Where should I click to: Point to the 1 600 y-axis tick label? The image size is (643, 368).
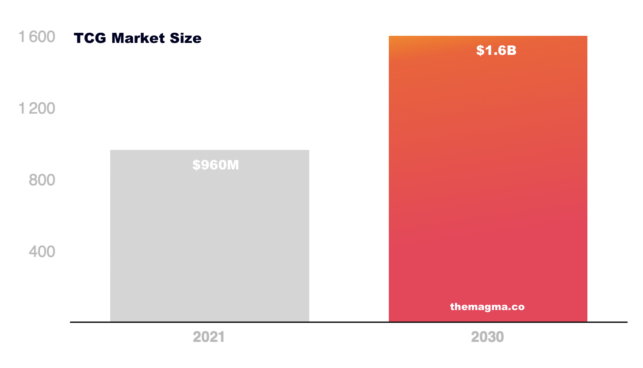tap(37, 37)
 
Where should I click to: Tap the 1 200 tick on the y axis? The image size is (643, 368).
tap(37, 109)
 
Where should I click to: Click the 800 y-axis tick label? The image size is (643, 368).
tap(42, 180)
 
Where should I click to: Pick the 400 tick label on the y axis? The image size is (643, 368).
tap(42, 252)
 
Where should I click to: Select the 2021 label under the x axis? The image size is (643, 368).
tap(209, 337)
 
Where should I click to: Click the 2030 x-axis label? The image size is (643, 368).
tap(487, 337)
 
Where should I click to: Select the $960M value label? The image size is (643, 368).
tap(215, 165)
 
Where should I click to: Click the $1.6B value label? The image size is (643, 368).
tap(496, 51)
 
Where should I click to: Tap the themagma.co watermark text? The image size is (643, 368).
tap(487, 307)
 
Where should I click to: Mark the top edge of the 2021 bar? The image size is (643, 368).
tap(209, 150)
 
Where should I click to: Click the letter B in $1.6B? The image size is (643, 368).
tap(511, 51)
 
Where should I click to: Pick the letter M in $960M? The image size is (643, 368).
tap(233, 165)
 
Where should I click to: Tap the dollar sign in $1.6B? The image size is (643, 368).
tap(480, 51)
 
